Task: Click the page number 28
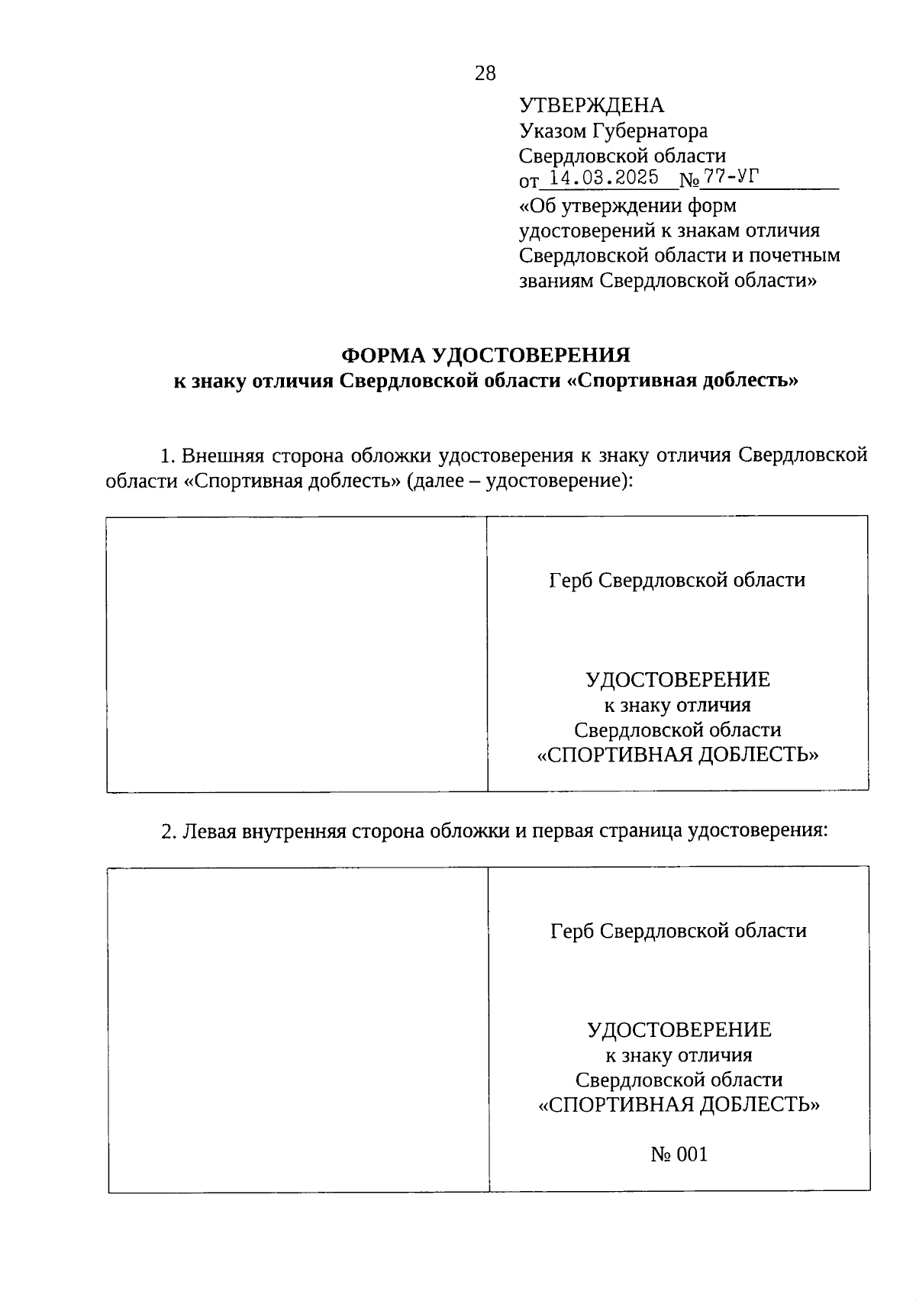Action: (485, 73)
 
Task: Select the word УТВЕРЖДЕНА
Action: (592, 105)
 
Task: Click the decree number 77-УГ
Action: (732, 178)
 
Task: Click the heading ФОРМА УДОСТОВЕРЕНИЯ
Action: (485, 355)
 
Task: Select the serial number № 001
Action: (679, 1154)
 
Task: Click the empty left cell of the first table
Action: (297, 653)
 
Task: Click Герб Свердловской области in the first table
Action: (677, 580)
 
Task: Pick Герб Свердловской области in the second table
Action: (679, 931)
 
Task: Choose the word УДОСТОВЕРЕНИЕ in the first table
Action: (677, 679)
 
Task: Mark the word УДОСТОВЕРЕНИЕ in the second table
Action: (679, 1030)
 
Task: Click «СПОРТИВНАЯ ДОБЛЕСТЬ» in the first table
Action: (677, 755)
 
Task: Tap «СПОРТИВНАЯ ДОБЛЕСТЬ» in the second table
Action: (679, 1104)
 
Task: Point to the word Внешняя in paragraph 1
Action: (223, 456)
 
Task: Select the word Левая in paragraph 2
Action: (209, 830)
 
